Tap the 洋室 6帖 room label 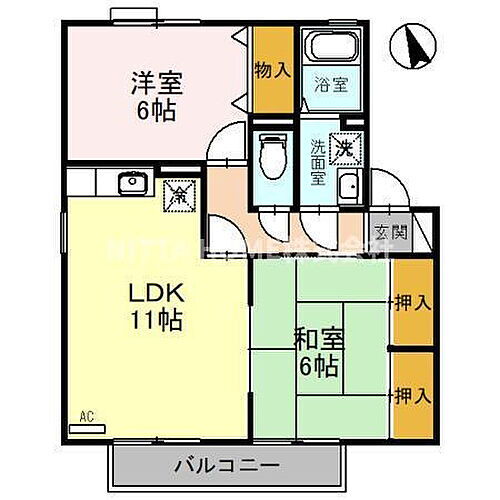click(153, 95)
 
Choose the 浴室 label click(332, 86)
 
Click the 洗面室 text click(318, 160)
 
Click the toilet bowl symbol click(271, 159)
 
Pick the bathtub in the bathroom click(333, 48)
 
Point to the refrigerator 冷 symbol click(177, 189)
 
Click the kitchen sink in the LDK click(130, 183)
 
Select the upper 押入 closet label click(412, 301)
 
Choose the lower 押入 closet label click(412, 395)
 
